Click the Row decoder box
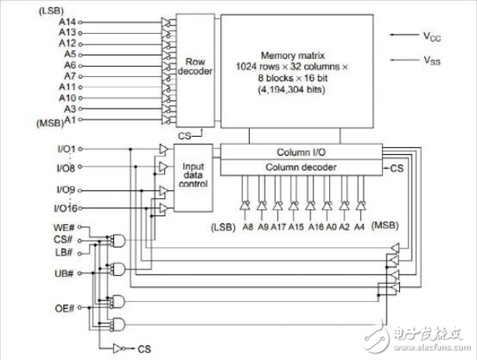[x=194, y=67]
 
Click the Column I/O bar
[x=301, y=152]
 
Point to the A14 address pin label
[x=68, y=23]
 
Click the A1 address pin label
[x=71, y=120]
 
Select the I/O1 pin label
[x=66, y=149]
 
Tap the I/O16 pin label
[x=64, y=208]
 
